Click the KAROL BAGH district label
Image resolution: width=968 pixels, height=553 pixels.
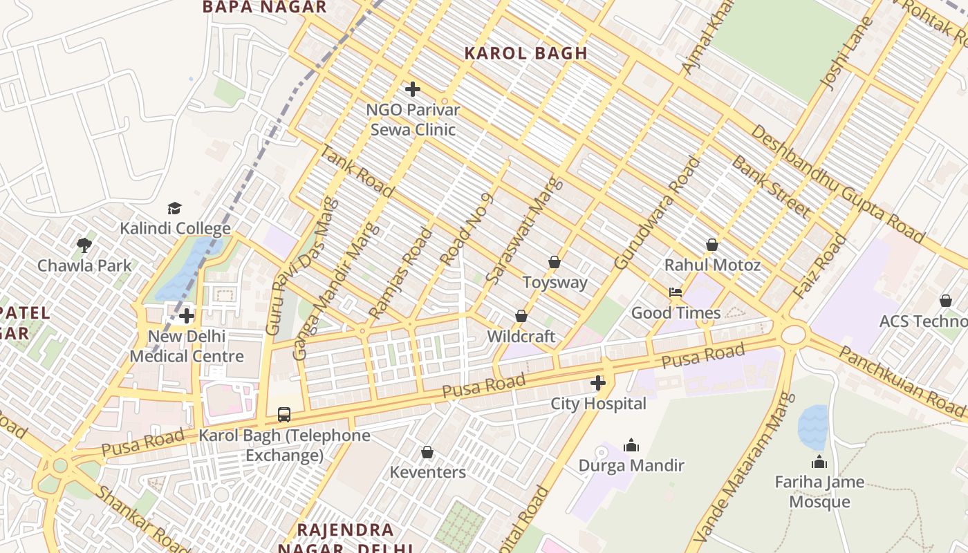click(525, 53)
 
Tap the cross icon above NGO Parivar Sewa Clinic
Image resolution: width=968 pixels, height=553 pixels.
click(413, 89)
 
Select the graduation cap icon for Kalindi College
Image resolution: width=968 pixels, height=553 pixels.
click(174, 208)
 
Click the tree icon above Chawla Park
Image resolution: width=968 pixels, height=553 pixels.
click(84, 245)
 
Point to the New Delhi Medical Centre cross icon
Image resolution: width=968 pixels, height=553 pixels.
click(186, 317)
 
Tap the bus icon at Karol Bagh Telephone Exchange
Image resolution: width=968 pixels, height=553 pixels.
click(284, 415)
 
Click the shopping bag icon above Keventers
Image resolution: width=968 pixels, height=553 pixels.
click(427, 452)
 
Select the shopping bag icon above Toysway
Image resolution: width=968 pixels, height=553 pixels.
click(554, 262)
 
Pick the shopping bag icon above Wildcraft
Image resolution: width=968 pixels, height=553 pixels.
click(521, 316)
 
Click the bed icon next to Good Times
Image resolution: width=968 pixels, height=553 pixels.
click(676, 292)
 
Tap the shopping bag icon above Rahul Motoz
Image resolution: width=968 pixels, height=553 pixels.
click(711, 245)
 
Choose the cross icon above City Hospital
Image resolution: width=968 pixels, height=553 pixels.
click(598, 383)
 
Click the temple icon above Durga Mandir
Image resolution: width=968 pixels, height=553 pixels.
click(631, 445)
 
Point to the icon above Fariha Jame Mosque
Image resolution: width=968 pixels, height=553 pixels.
click(819, 462)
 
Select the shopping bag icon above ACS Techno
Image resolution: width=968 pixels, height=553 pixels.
click(945, 301)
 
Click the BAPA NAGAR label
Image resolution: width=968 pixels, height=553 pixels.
click(264, 8)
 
